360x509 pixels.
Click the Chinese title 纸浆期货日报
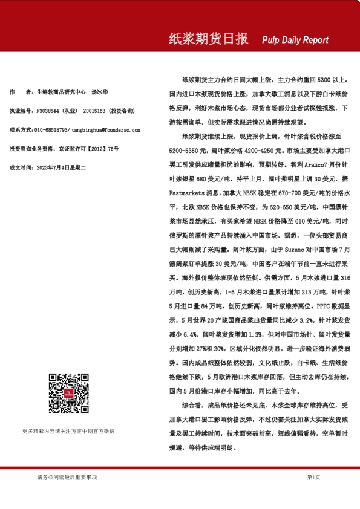[x=208, y=39]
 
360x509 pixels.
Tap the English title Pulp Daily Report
[x=295, y=41]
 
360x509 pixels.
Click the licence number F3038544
[x=48, y=111]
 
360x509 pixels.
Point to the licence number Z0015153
[x=93, y=111]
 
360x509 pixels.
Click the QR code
[x=68, y=394]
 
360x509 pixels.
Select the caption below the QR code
[x=68, y=431]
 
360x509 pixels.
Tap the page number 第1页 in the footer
[x=313, y=478]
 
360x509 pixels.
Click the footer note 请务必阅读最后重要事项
[x=67, y=478]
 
